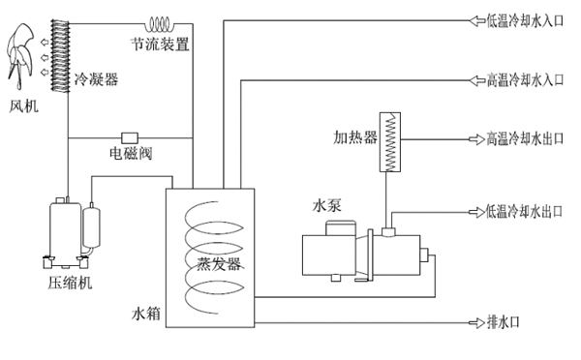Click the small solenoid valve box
tap(129, 136)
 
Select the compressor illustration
tap(71, 232)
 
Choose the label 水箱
tap(145, 315)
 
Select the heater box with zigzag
tap(391, 141)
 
